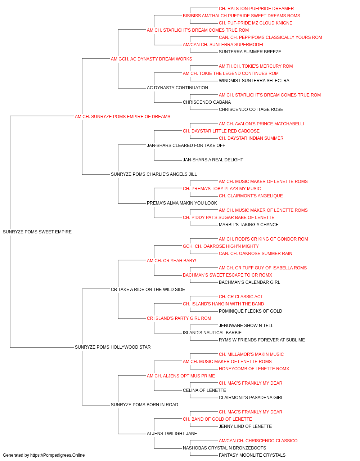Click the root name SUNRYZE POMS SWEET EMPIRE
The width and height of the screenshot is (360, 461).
click(x=37, y=232)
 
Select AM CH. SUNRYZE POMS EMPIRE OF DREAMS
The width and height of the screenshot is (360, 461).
click(x=122, y=117)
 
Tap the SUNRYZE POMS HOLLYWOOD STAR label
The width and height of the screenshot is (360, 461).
click(x=113, y=347)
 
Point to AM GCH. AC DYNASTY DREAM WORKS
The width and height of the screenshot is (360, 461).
click(x=151, y=59)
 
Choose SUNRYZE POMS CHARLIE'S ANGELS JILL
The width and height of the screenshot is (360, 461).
click(x=154, y=174)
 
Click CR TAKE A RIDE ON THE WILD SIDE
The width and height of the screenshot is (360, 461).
click(x=148, y=290)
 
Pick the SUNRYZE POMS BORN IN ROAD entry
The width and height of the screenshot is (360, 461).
click(x=144, y=405)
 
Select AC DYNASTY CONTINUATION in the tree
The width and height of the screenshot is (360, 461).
click(x=177, y=88)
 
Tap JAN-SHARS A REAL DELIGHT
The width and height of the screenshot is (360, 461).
click(x=213, y=160)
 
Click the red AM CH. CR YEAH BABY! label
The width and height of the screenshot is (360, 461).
click(x=171, y=261)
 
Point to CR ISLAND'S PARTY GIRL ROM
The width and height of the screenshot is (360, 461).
click(x=179, y=318)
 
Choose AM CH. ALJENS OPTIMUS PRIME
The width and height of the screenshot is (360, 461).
click(x=181, y=376)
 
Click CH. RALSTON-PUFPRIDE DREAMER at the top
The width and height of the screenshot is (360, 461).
click(x=256, y=9)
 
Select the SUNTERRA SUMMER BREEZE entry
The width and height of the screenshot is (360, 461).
click(x=250, y=52)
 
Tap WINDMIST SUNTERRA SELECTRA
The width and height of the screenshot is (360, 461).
click(x=254, y=81)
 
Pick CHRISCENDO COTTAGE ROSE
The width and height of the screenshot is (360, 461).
click(x=251, y=109)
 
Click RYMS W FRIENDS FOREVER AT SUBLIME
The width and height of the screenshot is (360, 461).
click(x=262, y=340)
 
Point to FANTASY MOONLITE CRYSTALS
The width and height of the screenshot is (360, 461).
click(x=252, y=455)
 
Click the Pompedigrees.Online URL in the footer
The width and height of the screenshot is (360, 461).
click(x=58, y=455)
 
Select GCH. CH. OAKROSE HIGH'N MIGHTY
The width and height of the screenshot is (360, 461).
click(x=221, y=246)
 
